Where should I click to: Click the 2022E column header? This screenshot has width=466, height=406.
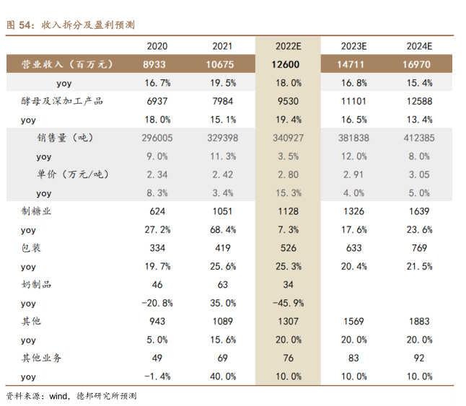tap(286, 46)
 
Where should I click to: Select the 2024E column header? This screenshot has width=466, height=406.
tap(418, 46)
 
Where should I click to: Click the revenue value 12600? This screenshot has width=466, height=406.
tap(286, 64)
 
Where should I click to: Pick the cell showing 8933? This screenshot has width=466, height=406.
tap(157, 64)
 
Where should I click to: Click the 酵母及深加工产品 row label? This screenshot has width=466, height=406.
tap(62, 101)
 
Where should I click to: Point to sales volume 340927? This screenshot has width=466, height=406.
tap(286, 138)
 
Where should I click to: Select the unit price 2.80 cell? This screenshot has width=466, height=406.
tap(286, 175)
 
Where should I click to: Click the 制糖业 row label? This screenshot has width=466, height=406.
tap(37, 211)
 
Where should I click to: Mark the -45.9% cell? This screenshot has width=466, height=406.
tap(286, 304)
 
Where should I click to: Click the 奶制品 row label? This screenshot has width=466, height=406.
tap(37, 285)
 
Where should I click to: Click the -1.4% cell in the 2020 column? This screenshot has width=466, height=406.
tap(157, 376)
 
